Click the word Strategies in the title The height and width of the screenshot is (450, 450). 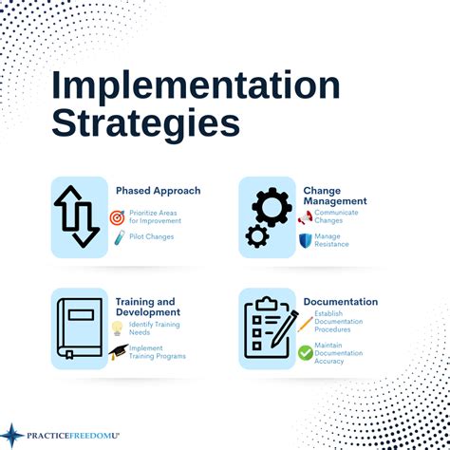[x=145, y=122]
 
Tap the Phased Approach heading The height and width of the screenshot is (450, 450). [x=158, y=191]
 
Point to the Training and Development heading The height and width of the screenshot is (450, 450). [x=148, y=307]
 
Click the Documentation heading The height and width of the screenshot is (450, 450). [x=340, y=302]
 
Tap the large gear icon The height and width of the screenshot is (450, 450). [x=272, y=207]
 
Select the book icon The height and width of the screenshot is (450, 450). [x=80, y=328]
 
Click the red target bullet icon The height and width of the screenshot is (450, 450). [x=118, y=217]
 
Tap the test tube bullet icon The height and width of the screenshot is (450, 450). [x=119, y=238]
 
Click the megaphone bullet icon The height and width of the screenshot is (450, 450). [x=305, y=217]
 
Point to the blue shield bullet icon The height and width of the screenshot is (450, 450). [x=305, y=241]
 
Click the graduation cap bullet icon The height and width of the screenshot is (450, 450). [x=118, y=352]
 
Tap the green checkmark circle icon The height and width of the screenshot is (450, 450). [x=305, y=352]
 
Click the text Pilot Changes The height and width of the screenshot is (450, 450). [x=152, y=236]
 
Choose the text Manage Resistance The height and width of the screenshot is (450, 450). [x=332, y=240]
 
